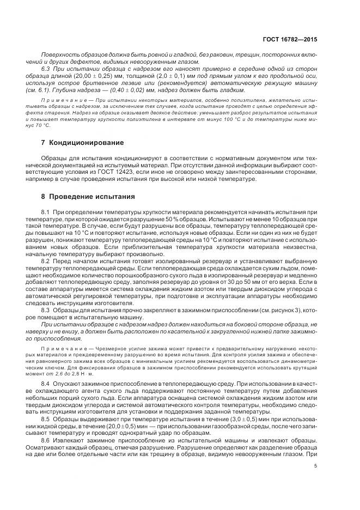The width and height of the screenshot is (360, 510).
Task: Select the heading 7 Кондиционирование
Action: coord(83,143)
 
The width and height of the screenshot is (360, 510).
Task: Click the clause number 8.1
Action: coord(46,211)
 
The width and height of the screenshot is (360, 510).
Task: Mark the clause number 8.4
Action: coord(46,384)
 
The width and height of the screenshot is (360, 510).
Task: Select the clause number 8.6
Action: coord(46,439)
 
